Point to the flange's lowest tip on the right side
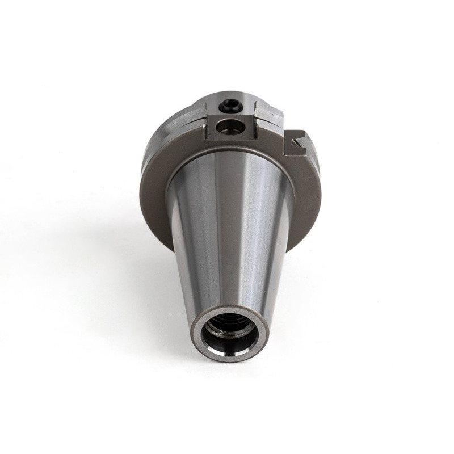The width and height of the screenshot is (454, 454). click(289, 250)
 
